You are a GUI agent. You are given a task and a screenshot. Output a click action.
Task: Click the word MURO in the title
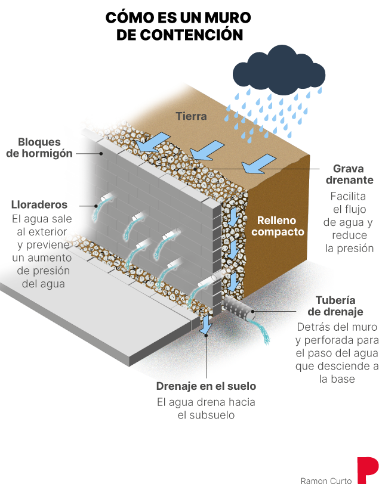pos(225,17)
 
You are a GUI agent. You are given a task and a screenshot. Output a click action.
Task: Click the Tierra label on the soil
pos(191,116)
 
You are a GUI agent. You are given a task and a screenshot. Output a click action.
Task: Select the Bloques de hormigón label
pos(39,148)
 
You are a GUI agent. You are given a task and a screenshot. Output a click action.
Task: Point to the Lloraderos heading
pos(39,204)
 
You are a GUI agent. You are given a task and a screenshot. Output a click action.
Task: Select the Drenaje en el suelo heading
pos(206,386)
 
